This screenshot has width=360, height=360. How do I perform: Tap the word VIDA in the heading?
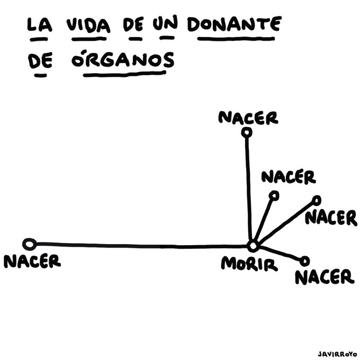point(87,25)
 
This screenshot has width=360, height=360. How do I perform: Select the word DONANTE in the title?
point(233,24)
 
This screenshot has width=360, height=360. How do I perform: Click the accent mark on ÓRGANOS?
point(77,51)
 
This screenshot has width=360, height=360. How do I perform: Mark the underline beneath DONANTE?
point(233,39)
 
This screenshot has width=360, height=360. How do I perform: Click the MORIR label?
point(249,263)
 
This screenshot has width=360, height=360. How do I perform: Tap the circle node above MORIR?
point(253,246)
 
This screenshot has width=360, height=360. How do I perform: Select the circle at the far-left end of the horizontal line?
point(30,244)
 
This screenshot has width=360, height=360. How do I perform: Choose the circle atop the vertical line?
point(246,133)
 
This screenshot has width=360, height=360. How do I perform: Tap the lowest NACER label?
point(323,276)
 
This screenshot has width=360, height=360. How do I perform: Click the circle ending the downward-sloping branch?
point(304,260)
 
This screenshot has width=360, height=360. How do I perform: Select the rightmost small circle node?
point(317,200)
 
